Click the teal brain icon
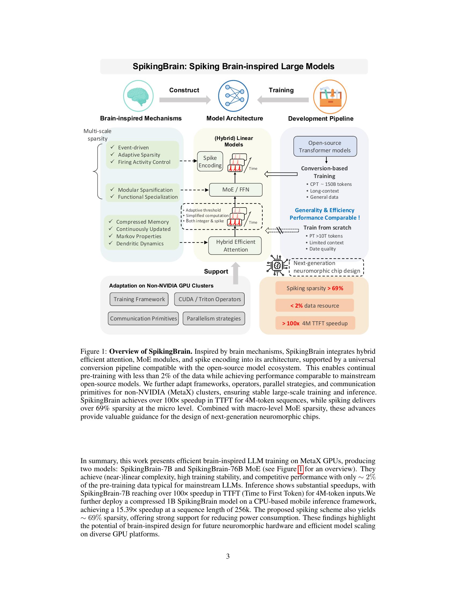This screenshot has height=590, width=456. pyautogui.click(x=138, y=96)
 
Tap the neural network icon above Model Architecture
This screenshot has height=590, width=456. pyautogui.click(x=233, y=96)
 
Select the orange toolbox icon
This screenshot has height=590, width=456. pyautogui.click(x=330, y=97)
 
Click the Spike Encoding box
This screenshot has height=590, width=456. pyautogui.click(x=210, y=161)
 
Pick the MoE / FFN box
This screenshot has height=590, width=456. pyautogui.click(x=236, y=190)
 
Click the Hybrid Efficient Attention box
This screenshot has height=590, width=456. pyautogui.click(x=235, y=246)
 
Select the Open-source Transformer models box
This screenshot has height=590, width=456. pyautogui.click(x=325, y=146)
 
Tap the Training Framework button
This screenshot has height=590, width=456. pyautogui.click(x=139, y=299)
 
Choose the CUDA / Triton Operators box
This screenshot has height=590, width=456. pyautogui.click(x=209, y=299)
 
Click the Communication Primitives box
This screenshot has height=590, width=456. pyautogui.click(x=143, y=319)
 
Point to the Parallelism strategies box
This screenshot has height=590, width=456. pyautogui.click(x=214, y=319)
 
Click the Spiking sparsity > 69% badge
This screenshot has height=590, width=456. pyautogui.click(x=314, y=288)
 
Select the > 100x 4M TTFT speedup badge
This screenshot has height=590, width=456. pyautogui.click(x=315, y=323)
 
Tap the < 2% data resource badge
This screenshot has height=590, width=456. pyautogui.click(x=314, y=305)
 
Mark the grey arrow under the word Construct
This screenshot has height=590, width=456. pyautogui.click(x=185, y=100)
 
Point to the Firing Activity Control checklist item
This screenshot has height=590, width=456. pyautogui.click(x=144, y=162)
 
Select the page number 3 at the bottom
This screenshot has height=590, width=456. pyautogui.click(x=228, y=556)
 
